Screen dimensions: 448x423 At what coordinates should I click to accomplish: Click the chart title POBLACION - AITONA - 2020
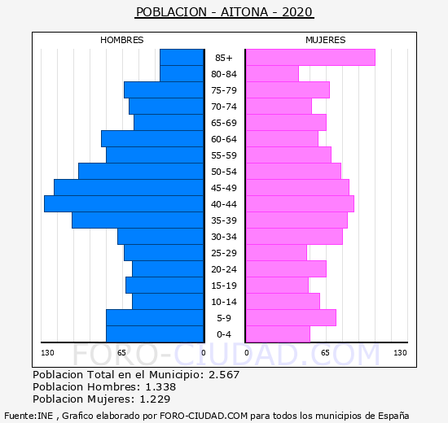pyautogui.click(x=224, y=12)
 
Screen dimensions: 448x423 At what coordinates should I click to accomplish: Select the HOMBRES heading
pyautogui.click(x=121, y=40)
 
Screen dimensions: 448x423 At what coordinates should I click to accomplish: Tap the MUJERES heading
pyautogui.click(x=326, y=40)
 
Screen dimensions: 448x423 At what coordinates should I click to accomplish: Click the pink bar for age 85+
pyautogui.click(x=310, y=58)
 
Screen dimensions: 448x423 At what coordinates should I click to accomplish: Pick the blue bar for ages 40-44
pyautogui.click(x=124, y=204)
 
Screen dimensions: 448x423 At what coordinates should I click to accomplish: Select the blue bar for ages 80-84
pyautogui.click(x=182, y=74)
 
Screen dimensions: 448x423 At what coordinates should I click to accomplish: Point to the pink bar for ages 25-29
pyautogui.click(x=276, y=253)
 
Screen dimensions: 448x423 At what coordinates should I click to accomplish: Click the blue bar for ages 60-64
pyautogui.click(x=152, y=139)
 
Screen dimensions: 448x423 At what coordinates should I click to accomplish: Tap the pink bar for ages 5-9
pyautogui.click(x=291, y=318)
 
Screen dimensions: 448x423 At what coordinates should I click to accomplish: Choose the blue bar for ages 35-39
pyautogui.click(x=138, y=220)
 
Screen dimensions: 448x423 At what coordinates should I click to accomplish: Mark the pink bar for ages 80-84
pyautogui.click(x=272, y=74)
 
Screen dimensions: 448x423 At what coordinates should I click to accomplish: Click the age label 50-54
pyautogui.click(x=224, y=172)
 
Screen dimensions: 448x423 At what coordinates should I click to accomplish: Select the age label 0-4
pyautogui.click(x=224, y=334)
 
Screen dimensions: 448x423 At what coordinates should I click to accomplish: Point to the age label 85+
pyautogui.click(x=224, y=58)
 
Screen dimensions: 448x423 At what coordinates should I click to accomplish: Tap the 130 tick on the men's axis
pyautogui.click(x=47, y=353)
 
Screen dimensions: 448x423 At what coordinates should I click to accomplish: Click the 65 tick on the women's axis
pyautogui.click(x=325, y=353)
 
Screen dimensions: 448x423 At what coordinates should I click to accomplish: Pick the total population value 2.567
pyautogui.click(x=224, y=375)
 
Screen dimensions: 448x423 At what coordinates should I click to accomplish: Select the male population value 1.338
pyautogui.click(x=160, y=387)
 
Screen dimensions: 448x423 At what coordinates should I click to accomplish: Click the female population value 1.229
pyautogui.click(x=155, y=399)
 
